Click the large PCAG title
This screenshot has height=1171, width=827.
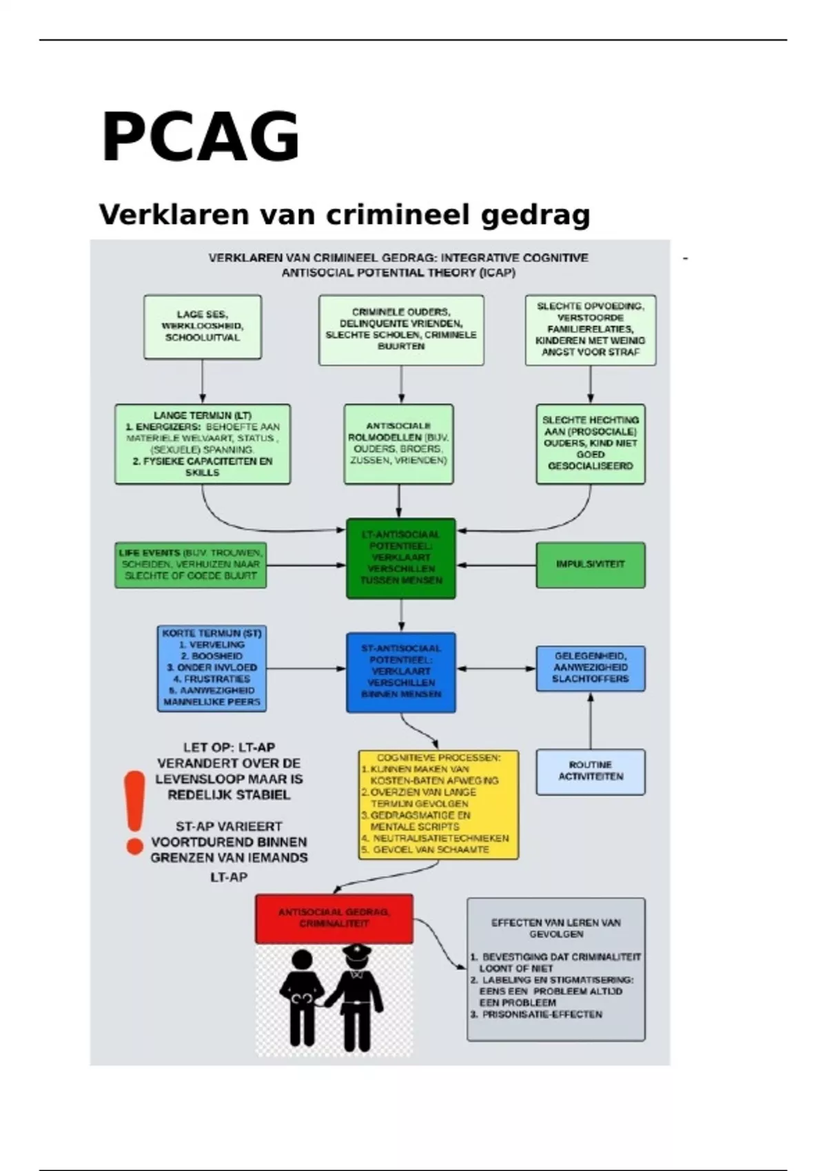coord(200,137)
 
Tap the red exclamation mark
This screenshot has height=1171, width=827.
coord(134,812)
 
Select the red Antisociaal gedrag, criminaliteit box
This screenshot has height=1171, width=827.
coord(334,918)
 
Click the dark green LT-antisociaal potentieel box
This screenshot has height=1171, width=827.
coord(401,558)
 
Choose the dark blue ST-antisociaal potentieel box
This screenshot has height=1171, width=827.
coord(401,672)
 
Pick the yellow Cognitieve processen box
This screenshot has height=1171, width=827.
coord(438,804)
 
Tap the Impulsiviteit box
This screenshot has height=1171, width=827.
coord(591,564)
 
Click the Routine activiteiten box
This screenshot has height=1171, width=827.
coord(591,771)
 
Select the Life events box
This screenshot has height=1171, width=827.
coord(190,564)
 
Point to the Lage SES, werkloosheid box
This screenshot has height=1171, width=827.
coord(203,327)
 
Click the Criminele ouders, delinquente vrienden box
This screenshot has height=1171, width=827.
coord(401,329)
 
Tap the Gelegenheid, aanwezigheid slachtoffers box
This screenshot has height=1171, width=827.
coord(591,667)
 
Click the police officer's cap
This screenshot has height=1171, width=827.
coord(356,952)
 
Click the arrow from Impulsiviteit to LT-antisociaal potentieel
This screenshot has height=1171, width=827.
coord(496,565)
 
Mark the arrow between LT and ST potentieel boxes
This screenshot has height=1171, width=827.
coord(401,615)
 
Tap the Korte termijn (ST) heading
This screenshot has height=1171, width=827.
coord(212,632)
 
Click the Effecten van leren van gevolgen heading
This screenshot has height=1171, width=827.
coord(556,928)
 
